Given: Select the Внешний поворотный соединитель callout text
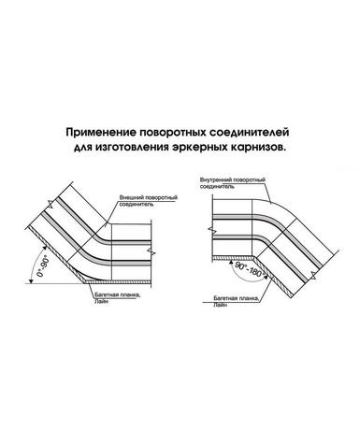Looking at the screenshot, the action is tap(149, 201).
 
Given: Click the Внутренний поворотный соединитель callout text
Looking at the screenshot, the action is tap(233, 183).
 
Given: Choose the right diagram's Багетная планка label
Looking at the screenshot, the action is tap(236, 298).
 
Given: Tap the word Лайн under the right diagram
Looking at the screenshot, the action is tap(220, 305).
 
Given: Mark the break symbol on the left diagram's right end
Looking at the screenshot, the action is tap(151, 251).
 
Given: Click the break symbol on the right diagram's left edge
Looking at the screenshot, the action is tap(212, 231).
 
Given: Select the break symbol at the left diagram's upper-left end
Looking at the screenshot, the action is tap(50, 205).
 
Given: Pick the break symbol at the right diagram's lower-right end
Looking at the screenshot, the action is tap(312, 275).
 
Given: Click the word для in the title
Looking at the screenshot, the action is tap(83, 148).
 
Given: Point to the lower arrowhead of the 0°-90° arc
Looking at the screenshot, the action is tap(31, 280).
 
